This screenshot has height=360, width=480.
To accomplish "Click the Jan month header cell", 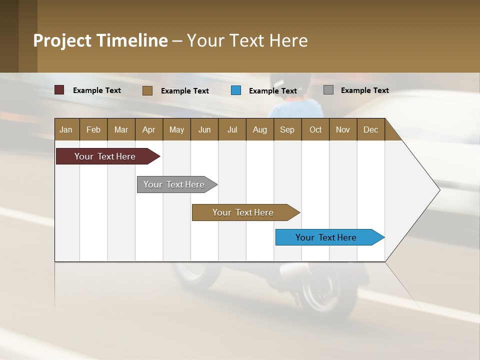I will pos(66,129).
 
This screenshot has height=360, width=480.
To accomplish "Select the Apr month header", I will pos(148,129).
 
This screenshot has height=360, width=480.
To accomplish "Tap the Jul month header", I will pos(232,129).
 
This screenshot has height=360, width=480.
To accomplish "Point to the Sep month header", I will pos(287,129).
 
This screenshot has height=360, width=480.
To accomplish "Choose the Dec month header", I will pos(370,129).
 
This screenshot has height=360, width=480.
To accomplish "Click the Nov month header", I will pos(342,129).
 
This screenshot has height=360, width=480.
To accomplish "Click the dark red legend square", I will pos(59,90).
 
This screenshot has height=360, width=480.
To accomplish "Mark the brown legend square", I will pos(147,90).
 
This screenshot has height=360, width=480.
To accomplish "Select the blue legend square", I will pos(236,90).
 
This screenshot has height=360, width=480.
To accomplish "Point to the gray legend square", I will pos(328,90).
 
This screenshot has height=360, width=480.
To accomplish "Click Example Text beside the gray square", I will pos(364,90).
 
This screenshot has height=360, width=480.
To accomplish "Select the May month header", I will pos(176,129).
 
